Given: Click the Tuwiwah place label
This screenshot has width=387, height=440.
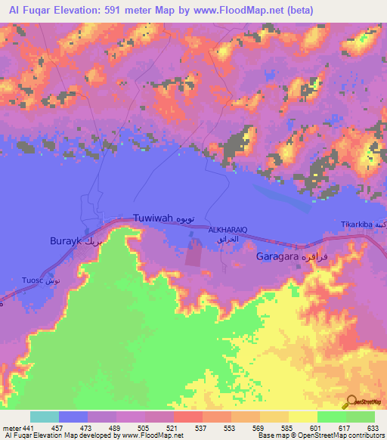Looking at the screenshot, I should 153,218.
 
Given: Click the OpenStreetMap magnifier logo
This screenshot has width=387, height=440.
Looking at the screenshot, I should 351,402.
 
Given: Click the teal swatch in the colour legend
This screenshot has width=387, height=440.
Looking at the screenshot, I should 45,417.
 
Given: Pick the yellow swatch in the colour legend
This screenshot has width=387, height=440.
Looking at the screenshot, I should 302,417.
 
